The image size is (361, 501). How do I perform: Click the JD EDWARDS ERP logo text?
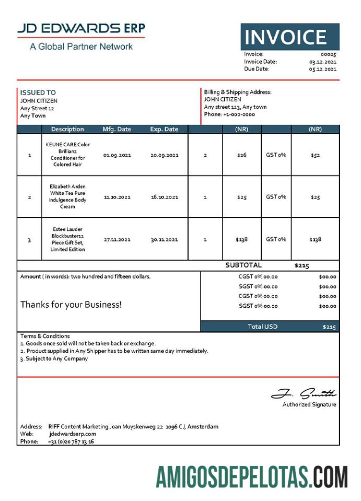point(81,29)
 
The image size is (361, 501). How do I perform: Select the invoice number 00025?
point(328,54)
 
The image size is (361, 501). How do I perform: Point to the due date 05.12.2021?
point(322,69)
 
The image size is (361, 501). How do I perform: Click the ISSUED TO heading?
point(38,92)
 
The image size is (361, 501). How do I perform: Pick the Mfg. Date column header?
point(117,130)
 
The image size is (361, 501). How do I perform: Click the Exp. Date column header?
point(164,130)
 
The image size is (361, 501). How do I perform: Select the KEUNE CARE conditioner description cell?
point(67,155)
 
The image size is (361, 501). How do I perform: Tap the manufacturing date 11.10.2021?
point(117,197)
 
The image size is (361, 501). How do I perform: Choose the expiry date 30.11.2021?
point(164,240)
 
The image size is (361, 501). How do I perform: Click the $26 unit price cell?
point(241,155)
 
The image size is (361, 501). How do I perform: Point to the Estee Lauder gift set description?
point(67,239)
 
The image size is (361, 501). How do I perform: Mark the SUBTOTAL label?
point(243,265)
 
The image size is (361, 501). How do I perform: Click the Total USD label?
point(263,327)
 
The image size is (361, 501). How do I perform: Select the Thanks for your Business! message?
point(71,304)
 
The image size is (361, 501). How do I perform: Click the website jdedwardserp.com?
point(73,434)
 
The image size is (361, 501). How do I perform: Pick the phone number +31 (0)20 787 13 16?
point(71,441)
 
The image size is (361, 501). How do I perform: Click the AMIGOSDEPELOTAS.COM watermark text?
point(251,476)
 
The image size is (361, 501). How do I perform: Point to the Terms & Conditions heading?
point(45,336)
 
